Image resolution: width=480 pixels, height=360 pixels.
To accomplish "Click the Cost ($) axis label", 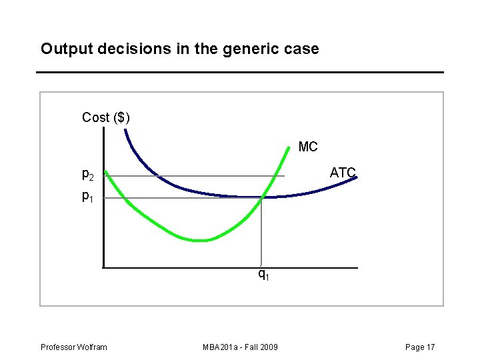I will click(106, 117).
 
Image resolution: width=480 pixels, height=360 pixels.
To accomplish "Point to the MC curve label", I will click(308, 147).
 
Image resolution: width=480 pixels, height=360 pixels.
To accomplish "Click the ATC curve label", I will click(343, 173).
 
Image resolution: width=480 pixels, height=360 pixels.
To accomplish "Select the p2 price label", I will click(88, 175).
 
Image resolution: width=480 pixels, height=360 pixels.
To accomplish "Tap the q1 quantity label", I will click(264, 273).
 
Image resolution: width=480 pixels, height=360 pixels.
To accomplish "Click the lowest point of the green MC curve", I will click(200, 240).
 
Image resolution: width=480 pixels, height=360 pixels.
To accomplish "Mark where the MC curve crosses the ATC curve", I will click(262, 197).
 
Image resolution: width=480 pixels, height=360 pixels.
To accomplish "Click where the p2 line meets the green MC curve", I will click(275, 176).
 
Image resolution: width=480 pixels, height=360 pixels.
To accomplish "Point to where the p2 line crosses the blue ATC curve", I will click(158, 176).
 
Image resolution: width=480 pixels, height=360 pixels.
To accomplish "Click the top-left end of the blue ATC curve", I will click(125, 129).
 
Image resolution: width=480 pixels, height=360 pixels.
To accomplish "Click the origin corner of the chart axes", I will click(104, 267).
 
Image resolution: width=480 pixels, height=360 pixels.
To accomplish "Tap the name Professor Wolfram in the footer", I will click(73, 347).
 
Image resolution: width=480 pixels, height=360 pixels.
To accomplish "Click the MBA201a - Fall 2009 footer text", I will click(241, 347).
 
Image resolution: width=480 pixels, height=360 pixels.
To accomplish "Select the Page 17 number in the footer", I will click(420, 347).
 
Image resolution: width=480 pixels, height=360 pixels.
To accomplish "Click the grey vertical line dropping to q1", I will click(262, 233).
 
